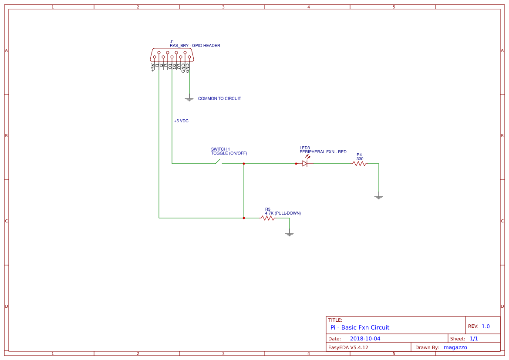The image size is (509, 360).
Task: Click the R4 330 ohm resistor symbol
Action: click(x=359, y=164)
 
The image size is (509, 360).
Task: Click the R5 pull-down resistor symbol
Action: click(x=268, y=218)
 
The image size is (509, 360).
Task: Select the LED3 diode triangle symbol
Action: click(x=305, y=164)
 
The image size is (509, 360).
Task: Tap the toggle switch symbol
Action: click(x=218, y=162)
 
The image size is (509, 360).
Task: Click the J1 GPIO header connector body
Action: click(x=172, y=55)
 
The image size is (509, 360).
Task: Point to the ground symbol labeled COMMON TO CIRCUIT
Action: click(x=189, y=99)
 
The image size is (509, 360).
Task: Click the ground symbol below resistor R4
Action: click(x=378, y=197)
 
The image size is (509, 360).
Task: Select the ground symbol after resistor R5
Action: click(x=289, y=234)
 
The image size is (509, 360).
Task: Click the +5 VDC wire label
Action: click(x=181, y=121)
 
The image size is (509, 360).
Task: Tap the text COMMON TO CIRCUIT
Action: click(x=219, y=99)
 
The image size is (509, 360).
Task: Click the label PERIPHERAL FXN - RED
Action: click(x=323, y=152)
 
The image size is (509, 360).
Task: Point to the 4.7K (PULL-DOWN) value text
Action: click(x=283, y=213)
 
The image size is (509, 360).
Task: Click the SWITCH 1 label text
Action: click(x=220, y=149)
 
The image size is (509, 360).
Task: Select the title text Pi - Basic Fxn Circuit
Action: click(x=360, y=327)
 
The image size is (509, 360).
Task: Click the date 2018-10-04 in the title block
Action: click(x=365, y=339)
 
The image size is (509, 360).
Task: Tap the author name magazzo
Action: click(x=455, y=347)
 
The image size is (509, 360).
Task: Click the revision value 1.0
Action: click(x=485, y=326)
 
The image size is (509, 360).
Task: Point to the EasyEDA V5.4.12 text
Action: click(x=348, y=347)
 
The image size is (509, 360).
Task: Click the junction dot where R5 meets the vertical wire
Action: click(x=244, y=218)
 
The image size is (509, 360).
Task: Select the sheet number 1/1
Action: click(x=474, y=339)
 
